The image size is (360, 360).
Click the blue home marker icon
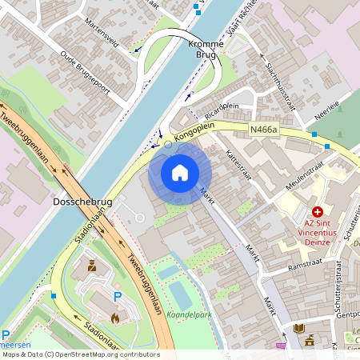[180, 173]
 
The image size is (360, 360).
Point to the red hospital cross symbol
[318, 212]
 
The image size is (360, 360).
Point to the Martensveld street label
[102, 34]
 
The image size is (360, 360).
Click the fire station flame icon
[114, 318]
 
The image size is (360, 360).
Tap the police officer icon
[91, 264]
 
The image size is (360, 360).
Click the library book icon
[299, 328]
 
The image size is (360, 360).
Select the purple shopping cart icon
[281, 346]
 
